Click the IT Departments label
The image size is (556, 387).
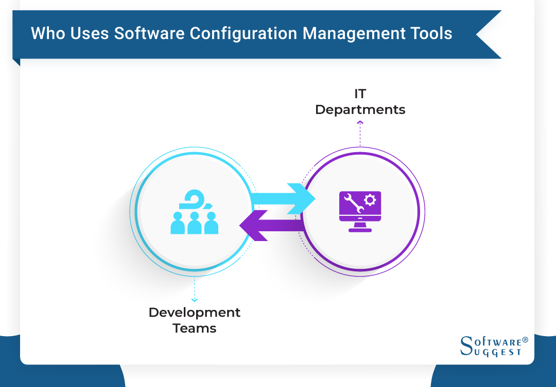360,102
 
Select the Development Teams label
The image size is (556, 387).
195,320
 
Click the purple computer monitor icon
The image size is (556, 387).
360,211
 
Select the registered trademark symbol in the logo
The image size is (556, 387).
525,340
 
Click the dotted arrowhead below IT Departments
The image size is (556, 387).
360,122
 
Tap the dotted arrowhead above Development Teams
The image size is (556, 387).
195,299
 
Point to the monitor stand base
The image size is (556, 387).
360,230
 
